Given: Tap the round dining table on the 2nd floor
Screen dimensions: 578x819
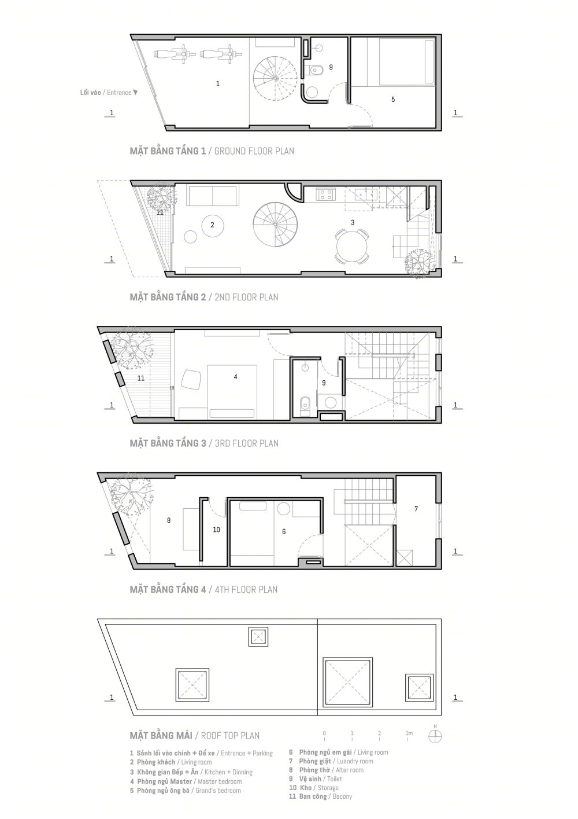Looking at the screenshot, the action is [x=351, y=245].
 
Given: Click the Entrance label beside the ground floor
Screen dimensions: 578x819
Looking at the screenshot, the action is [x=109, y=93].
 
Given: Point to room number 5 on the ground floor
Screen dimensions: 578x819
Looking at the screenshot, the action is [x=393, y=100].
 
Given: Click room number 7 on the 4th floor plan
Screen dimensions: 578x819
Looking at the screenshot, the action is [x=416, y=509].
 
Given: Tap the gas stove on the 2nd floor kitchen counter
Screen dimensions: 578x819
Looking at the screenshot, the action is [x=326, y=194].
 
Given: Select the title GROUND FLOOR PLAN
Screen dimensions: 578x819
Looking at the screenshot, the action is [x=254, y=151].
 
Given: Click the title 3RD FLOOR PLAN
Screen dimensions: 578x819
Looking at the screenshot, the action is [x=246, y=443].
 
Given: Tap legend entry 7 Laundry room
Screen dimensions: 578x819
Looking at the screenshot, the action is [x=331, y=761].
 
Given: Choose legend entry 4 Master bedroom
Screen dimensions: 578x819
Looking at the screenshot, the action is [x=186, y=781].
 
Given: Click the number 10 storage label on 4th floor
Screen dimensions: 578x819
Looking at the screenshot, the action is [x=216, y=530].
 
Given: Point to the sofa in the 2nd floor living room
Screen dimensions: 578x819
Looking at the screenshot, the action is [x=212, y=196].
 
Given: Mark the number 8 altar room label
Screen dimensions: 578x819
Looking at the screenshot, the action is [x=169, y=520].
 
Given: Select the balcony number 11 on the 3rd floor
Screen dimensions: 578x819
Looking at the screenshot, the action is [x=141, y=379].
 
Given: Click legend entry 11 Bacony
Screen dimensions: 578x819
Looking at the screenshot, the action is [x=320, y=796].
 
